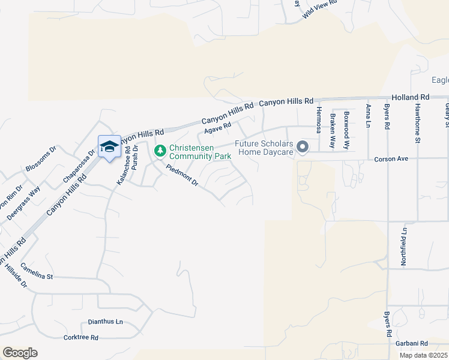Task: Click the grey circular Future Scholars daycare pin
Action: click(303, 147)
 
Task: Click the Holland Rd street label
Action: click(411, 97)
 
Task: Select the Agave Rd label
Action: click(217, 127)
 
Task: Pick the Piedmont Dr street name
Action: click(182, 176)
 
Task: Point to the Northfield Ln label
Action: click(405, 246)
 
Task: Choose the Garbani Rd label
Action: click(411, 343)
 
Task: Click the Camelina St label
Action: click(37, 271)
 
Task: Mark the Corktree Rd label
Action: click(80, 337)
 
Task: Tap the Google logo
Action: click(20, 353)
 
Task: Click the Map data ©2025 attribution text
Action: click(423, 355)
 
